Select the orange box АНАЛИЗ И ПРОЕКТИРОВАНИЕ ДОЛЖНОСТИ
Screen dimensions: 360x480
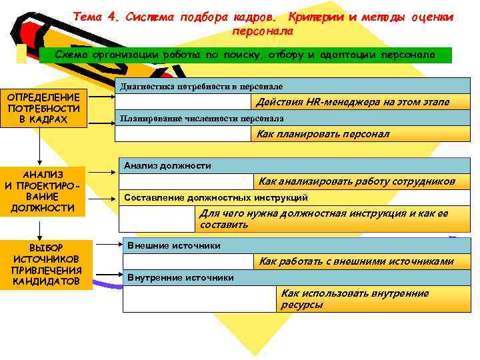pyautogui.click(x=43, y=191)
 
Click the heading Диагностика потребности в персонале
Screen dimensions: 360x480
pyautogui.click(x=201, y=87)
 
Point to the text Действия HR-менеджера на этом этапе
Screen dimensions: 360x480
pyautogui.click(x=353, y=102)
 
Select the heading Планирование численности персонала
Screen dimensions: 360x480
pyautogui.click(x=202, y=118)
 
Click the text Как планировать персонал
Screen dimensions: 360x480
pyautogui.click(x=323, y=134)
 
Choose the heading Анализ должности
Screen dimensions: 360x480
pyautogui.click(x=167, y=165)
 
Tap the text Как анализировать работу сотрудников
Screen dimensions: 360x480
pyautogui.click(x=357, y=181)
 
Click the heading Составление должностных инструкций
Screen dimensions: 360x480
pyautogui.click(x=216, y=197)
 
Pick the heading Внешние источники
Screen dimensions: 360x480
pyautogui.click(x=173, y=245)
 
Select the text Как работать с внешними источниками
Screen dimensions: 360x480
pyautogui.click(x=356, y=261)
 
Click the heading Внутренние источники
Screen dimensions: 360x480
pyautogui.click(x=181, y=277)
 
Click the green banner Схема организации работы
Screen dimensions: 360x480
pyautogui.click(x=245, y=55)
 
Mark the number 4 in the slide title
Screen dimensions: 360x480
pyautogui.click(x=111, y=17)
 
